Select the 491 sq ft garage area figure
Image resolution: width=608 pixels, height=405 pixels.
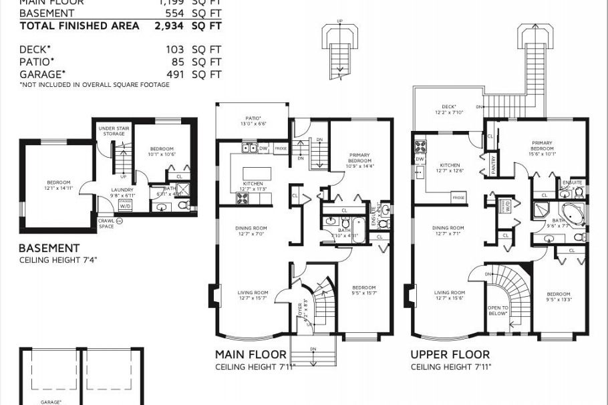176,74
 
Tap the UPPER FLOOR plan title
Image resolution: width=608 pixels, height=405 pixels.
450,354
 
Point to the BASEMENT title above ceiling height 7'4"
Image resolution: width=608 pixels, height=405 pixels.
49,248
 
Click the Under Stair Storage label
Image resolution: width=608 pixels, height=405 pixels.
114,130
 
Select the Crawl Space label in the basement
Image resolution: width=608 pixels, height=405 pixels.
106,223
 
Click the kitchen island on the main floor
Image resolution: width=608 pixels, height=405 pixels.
254,164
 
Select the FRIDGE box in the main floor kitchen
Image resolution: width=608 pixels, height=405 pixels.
281,148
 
